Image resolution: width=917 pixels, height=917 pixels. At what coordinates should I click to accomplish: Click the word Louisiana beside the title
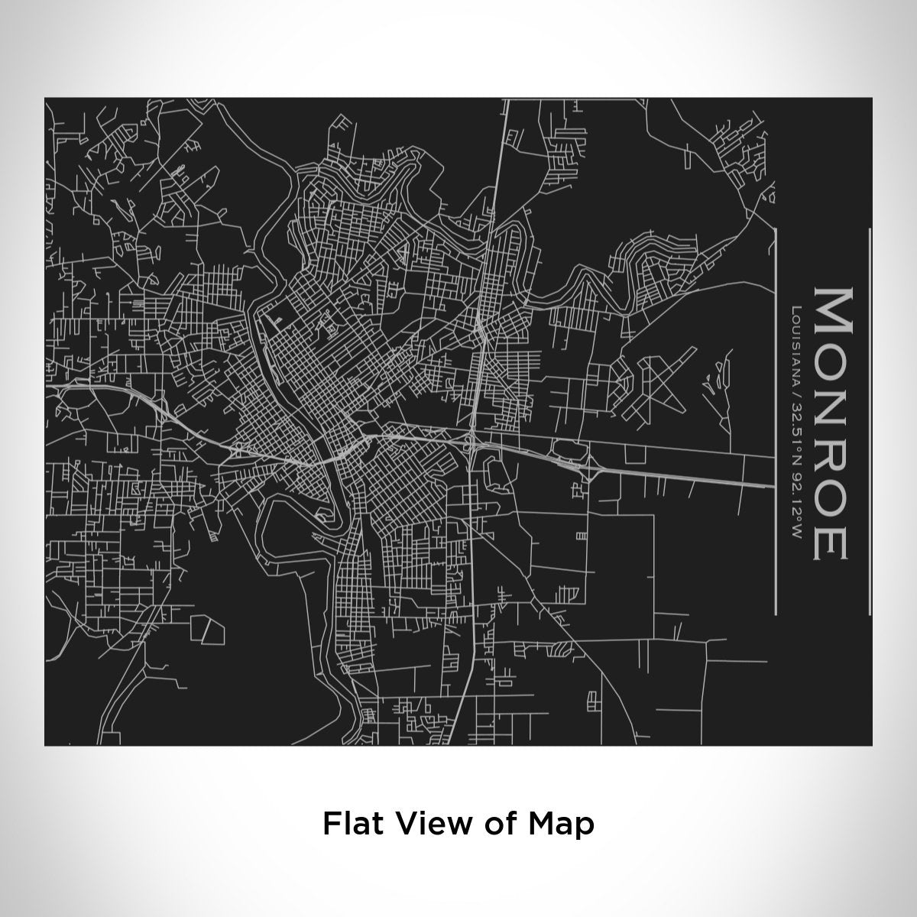pos(796,343)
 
